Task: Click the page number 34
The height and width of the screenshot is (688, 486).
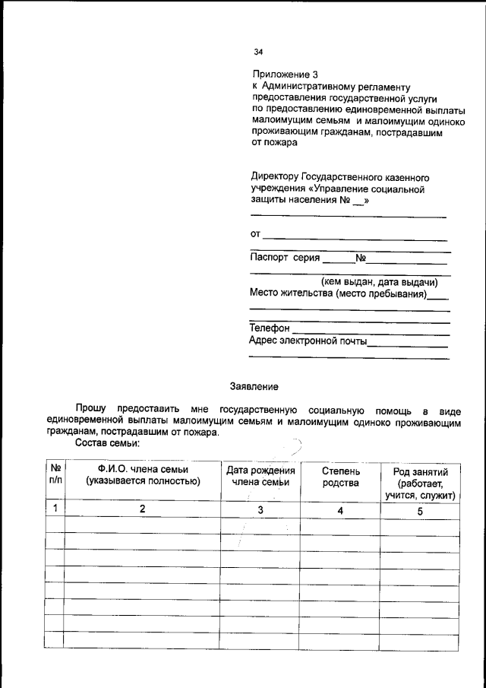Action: coord(258,52)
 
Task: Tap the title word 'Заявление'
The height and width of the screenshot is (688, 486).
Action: coord(254,386)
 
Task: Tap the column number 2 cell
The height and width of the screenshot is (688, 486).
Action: coord(142,510)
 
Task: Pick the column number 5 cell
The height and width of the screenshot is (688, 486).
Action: coord(419,512)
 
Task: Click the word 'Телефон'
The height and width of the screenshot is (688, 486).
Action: coord(270,328)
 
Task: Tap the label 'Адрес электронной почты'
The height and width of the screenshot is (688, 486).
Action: coord(308,341)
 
